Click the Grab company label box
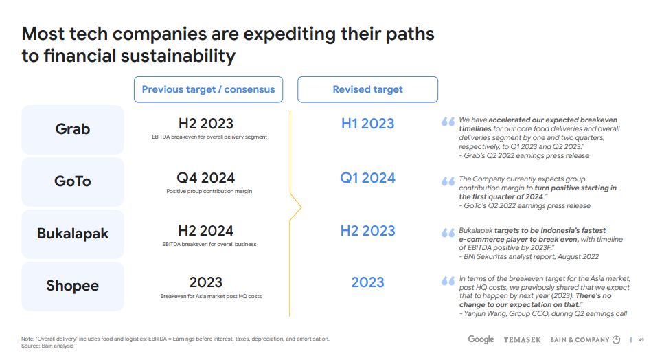coord(73,130)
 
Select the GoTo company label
coord(73,182)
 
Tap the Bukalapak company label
coord(73,234)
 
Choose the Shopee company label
coord(73,286)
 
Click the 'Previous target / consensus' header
coord(209,89)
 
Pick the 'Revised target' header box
coord(367,89)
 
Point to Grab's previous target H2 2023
coord(206,124)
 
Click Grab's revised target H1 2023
coord(367,124)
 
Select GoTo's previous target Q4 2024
coord(206,178)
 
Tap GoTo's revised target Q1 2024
coord(367,178)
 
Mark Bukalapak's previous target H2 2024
coord(206,231)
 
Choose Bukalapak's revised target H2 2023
coord(367,231)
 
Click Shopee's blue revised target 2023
coord(367,282)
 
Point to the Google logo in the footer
coord(481,339)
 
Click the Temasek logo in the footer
coord(522,339)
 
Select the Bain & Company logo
coord(585,339)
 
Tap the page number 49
coord(641,339)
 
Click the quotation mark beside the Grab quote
coord(448,122)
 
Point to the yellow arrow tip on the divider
coord(301,207)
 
